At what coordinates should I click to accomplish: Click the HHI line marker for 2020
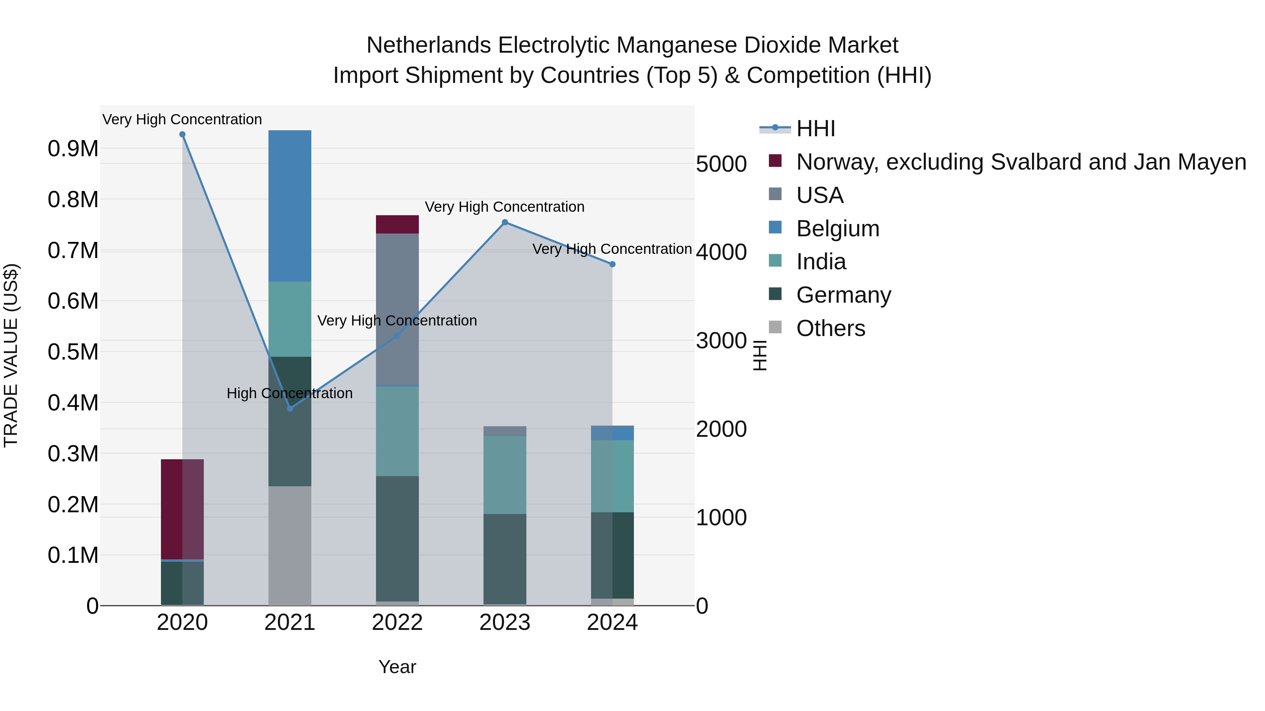[182, 134]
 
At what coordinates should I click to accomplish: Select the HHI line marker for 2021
[290, 409]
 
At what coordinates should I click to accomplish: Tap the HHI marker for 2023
[505, 222]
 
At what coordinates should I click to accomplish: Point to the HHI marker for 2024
[612, 264]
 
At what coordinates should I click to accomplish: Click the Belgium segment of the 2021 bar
[290, 206]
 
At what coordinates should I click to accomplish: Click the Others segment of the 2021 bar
[290, 546]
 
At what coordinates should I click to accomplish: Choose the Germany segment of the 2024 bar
[612, 555]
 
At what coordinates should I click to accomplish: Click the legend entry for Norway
[1020, 162]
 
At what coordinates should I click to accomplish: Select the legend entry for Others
[830, 328]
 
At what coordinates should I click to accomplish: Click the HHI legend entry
[815, 129]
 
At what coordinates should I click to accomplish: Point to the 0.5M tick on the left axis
[73, 352]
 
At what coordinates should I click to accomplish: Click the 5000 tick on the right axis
[721, 164]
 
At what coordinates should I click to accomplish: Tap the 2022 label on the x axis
[397, 623]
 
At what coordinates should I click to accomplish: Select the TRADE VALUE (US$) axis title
[11, 355]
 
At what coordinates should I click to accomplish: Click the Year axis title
[397, 667]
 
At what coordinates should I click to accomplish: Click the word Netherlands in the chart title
[428, 45]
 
